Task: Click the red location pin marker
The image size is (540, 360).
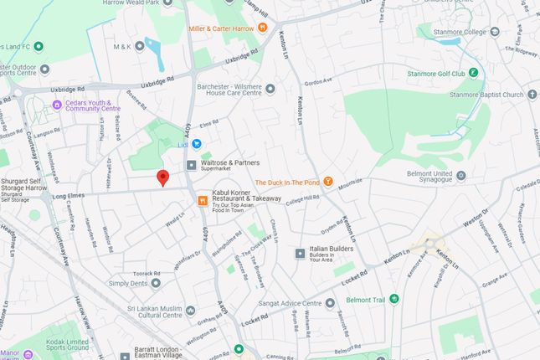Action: [163, 177]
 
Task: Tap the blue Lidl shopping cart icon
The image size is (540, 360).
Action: [198, 144]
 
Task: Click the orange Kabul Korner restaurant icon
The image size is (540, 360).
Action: [202, 200]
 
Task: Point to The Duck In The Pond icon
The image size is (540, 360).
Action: [329, 182]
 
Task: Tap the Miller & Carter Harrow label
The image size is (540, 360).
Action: [221, 28]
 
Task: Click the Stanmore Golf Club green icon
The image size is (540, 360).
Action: [476, 74]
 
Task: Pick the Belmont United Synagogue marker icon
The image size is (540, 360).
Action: [460, 176]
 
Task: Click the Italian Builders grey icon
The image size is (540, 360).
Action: [301, 253]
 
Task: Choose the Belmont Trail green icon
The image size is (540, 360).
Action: [394, 298]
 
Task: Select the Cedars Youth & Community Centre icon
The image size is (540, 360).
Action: [57, 105]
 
